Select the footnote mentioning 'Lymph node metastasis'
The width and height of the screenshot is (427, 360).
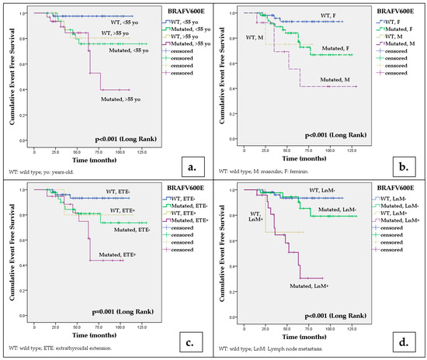coord(289,351)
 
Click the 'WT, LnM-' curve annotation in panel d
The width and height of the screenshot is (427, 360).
coord(314,191)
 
